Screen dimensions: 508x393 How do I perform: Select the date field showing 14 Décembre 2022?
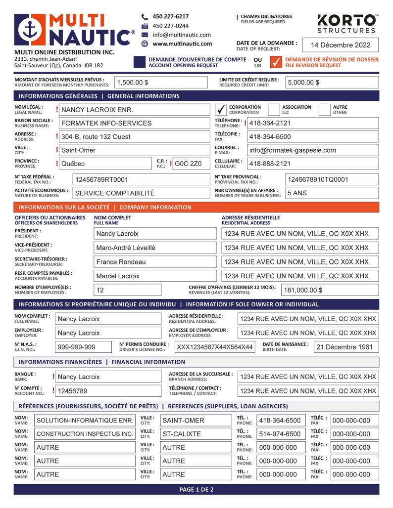coord(341,45)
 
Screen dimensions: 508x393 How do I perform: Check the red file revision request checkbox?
coord(276,62)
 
